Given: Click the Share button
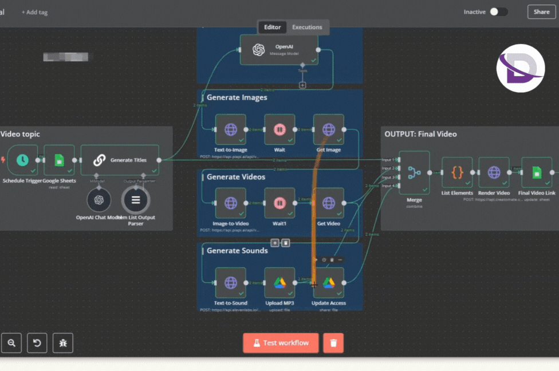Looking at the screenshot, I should [x=541, y=12].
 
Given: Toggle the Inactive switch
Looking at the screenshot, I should [x=498, y=12].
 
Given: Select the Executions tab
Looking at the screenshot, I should [x=307, y=27].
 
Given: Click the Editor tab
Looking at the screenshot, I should [x=272, y=27].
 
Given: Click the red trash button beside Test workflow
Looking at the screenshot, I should [x=333, y=343].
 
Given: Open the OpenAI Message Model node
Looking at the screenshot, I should [x=278, y=50].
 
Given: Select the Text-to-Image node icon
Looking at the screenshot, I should [x=230, y=129].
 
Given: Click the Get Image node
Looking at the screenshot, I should [x=329, y=129].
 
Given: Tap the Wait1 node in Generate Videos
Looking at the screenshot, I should [x=279, y=203].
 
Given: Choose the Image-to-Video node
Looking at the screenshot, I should [x=230, y=203].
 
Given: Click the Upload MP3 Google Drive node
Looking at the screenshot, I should [x=279, y=282].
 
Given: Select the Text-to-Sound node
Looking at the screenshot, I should [x=230, y=282].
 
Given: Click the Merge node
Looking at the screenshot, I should [x=414, y=172].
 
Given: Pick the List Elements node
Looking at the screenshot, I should [x=457, y=172].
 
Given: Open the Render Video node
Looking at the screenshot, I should [x=494, y=172].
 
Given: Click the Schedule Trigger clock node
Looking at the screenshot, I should [x=22, y=160].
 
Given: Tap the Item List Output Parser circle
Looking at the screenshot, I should [x=136, y=200].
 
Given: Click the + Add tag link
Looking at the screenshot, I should [x=35, y=12].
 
